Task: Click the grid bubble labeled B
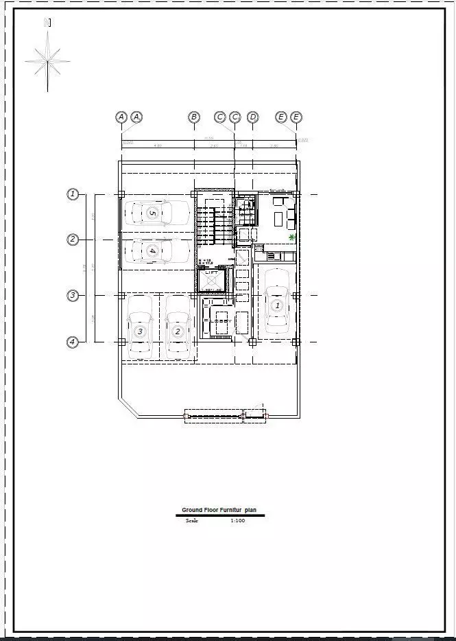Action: [194, 117]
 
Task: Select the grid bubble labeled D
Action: [253, 117]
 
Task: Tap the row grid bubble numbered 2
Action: [73, 240]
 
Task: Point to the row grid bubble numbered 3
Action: [73, 296]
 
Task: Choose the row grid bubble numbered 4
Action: [73, 341]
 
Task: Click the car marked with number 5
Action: [155, 213]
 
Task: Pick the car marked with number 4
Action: [155, 251]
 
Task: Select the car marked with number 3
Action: [140, 327]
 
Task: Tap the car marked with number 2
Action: [178, 327]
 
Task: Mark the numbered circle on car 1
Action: [277, 305]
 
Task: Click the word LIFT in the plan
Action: [212, 273]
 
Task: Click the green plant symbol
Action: [293, 237]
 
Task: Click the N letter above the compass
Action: [47, 22]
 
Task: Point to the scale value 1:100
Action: [238, 521]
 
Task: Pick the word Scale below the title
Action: [192, 521]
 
